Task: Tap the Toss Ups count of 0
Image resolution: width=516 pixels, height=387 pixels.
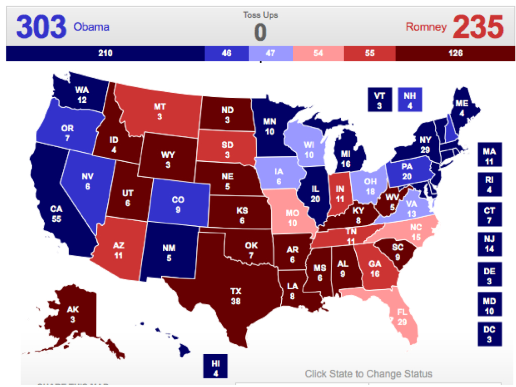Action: click(260, 32)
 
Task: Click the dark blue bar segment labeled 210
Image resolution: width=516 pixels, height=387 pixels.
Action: click(105, 53)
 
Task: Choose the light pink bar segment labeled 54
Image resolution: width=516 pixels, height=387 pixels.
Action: click(318, 53)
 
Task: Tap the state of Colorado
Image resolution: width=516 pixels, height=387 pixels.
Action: click(178, 204)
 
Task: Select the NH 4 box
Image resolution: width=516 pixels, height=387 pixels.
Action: click(410, 99)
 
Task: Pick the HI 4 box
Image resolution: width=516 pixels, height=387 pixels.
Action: click(215, 366)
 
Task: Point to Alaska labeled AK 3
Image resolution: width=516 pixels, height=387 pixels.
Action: click(73, 313)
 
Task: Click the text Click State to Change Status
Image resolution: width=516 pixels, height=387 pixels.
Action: click(368, 374)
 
